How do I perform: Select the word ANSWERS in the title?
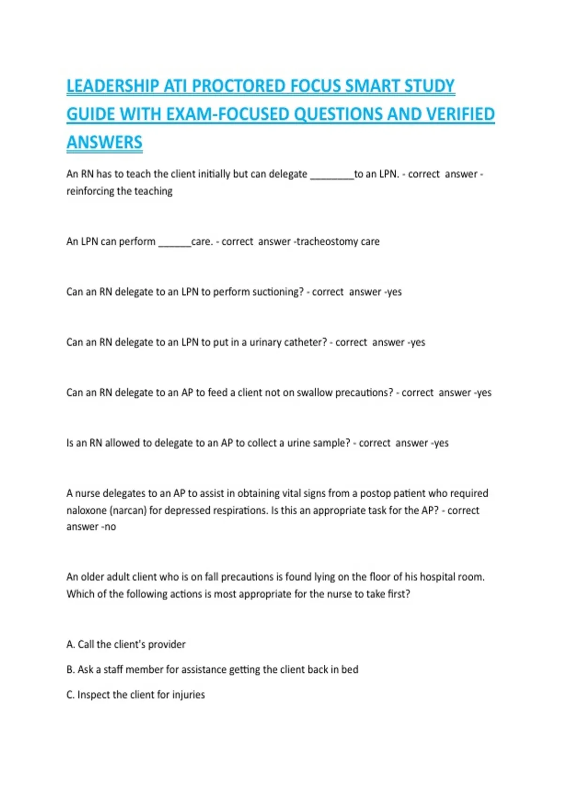(x=104, y=142)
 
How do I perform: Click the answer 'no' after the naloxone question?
(x=110, y=527)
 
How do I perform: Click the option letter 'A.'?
(x=71, y=645)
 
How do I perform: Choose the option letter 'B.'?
(x=71, y=669)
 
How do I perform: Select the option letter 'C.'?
(x=71, y=695)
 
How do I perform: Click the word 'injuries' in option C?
(x=188, y=695)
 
